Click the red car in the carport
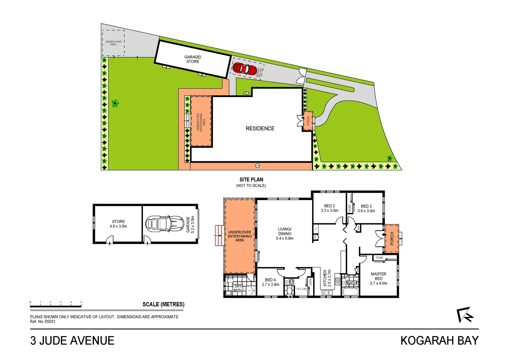click(x=244, y=69)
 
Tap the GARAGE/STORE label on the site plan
click(x=193, y=59)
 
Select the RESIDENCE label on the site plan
click(x=260, y=129)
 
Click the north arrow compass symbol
click(x=465, y=315)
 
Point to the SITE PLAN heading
click(x=251, y=180)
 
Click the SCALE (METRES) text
click(x=163, y=304)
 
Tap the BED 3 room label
click(x=329, y=208)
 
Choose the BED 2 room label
click(x=366, y=209)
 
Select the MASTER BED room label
click(x=378, y=279)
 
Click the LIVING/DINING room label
click(x=285, y=234)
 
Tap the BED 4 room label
click(x=270, y=282)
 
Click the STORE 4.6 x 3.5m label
click(x=118, y=224)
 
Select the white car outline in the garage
click(x=165, y=224)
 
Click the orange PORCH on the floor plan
click(x=392, y=239)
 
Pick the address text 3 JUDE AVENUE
click(x=72, y=341)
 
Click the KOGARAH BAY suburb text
click(x=439, y=341)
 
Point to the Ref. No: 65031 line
click(x=43, y=322)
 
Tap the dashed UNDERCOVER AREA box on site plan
click(x=113, y=43)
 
